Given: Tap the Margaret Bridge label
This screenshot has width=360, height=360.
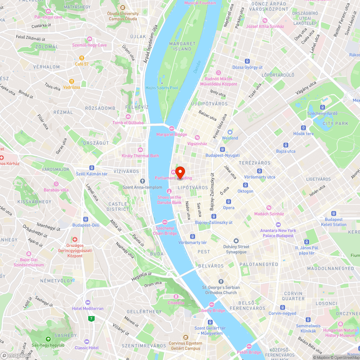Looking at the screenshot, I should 172,135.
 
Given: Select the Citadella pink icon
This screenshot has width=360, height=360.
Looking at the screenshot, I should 176,297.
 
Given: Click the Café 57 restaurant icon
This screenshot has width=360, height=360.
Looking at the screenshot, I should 82,58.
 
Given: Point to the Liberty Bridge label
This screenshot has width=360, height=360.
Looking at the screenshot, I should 212,310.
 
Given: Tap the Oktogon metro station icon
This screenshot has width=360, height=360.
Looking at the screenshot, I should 246,185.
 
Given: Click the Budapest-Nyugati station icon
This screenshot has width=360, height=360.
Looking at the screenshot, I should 222,149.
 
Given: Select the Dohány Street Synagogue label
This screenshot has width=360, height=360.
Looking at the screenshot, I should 236,249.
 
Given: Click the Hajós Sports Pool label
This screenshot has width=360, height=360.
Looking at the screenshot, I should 162,87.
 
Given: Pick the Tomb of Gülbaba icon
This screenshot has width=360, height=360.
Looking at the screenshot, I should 128,116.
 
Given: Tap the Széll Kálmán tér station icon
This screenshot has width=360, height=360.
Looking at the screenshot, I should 92,168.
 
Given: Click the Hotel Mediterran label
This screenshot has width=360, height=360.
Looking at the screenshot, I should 88,309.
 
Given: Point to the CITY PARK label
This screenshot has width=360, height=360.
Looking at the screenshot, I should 336,123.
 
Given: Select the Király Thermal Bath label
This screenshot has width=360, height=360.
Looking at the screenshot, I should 140,156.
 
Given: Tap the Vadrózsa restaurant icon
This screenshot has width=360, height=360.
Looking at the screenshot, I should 72,81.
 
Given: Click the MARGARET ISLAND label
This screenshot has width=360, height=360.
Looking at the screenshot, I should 182,46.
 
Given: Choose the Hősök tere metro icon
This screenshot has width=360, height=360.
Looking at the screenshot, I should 303,127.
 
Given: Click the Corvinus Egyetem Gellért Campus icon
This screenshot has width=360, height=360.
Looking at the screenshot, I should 185,337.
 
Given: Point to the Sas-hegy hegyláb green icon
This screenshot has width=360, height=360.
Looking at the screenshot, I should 48,339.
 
